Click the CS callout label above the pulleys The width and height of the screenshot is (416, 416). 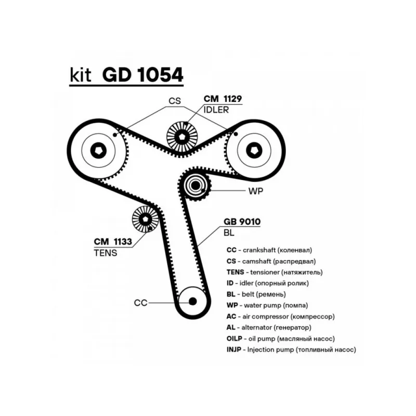(174, 101)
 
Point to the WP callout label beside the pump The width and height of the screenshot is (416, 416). (256, 191)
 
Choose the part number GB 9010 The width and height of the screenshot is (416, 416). (242, 221)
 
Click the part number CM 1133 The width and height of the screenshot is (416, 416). (112, 241)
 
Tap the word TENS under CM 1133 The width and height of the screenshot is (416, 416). (106, 253)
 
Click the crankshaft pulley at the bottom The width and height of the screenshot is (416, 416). (192, 301)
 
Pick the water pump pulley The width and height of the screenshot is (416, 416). (196, 185)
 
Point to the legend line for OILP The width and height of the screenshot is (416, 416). (281, 339)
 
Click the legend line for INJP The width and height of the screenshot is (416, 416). (291, 350)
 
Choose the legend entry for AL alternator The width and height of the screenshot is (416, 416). (269, 328)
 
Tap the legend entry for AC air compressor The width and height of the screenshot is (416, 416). (280, 316)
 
